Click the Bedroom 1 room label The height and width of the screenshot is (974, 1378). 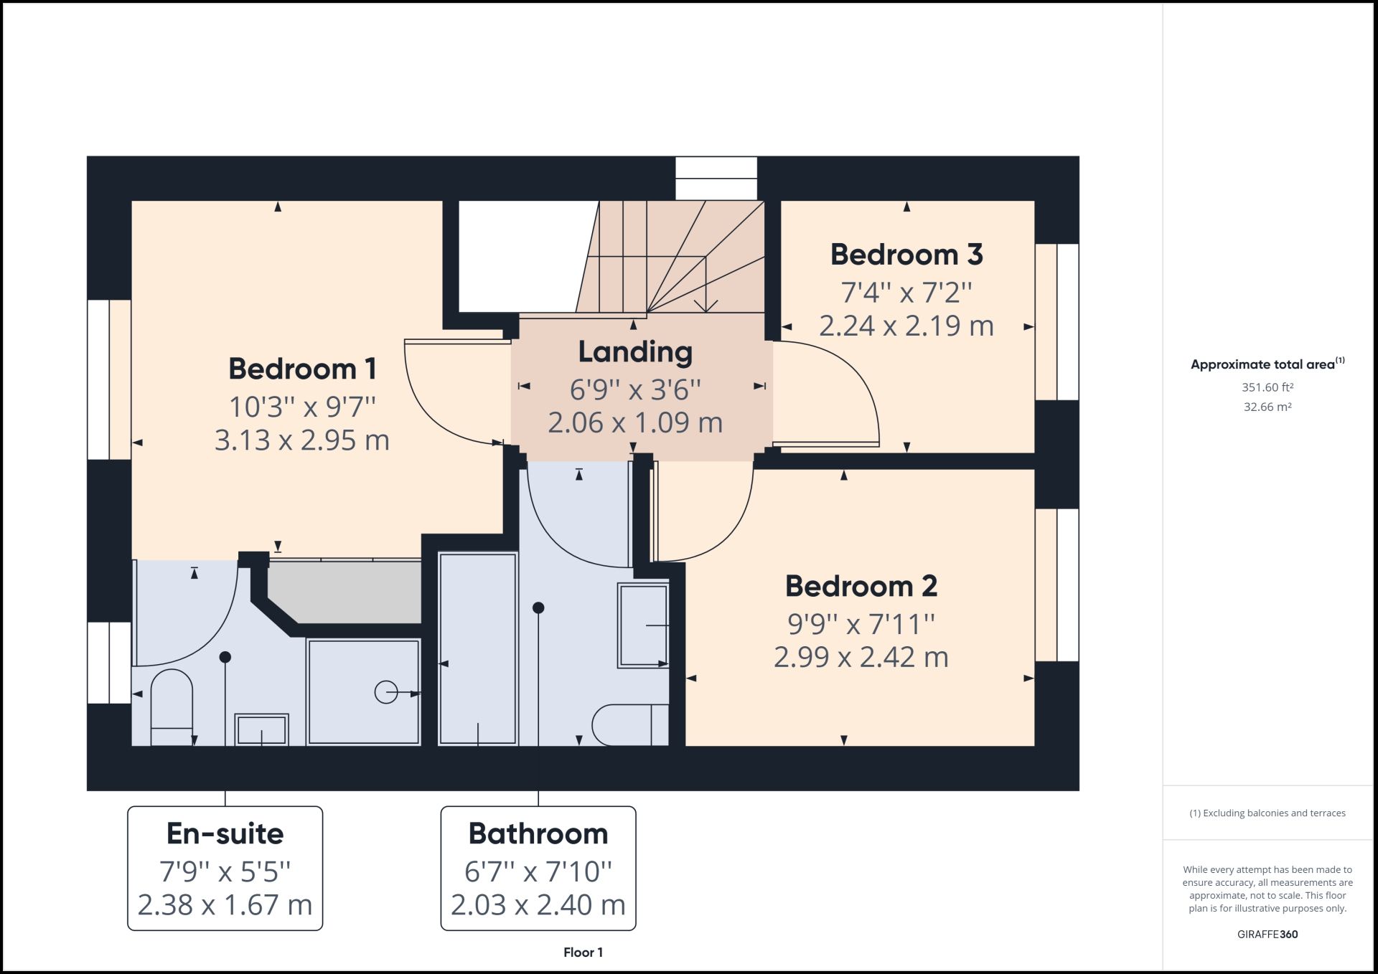coord(302,369)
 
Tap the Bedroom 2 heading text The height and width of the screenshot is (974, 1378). coord(861,586)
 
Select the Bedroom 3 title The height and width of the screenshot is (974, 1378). coord(906,255)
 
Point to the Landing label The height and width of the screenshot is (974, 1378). coord(635,352)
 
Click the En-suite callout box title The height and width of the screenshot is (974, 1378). coord(225,833)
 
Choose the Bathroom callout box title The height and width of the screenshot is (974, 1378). coord(538,833)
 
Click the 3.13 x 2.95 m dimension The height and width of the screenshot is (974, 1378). coord(302,440)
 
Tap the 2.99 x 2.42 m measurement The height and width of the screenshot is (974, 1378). coord(861,657)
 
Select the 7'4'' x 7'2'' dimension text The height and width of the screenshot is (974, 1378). coord(906,293)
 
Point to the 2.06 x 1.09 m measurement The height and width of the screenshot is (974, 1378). coord(635,422)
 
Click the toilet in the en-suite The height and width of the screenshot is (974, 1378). coord(172,707)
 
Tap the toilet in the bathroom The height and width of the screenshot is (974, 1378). coord(630,725)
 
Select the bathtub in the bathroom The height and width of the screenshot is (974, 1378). coord(478,648)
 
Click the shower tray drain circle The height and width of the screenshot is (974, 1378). coord(386,692)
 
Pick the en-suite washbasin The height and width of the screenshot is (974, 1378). coord(262,729)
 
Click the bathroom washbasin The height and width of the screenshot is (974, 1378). coord(643,625)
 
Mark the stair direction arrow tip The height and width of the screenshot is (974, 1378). coord(706,311)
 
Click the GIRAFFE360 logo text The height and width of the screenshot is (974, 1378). coord(1267,935)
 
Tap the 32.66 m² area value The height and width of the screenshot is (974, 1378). coord(1267,407)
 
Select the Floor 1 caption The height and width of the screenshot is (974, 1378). coord(583,952)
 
